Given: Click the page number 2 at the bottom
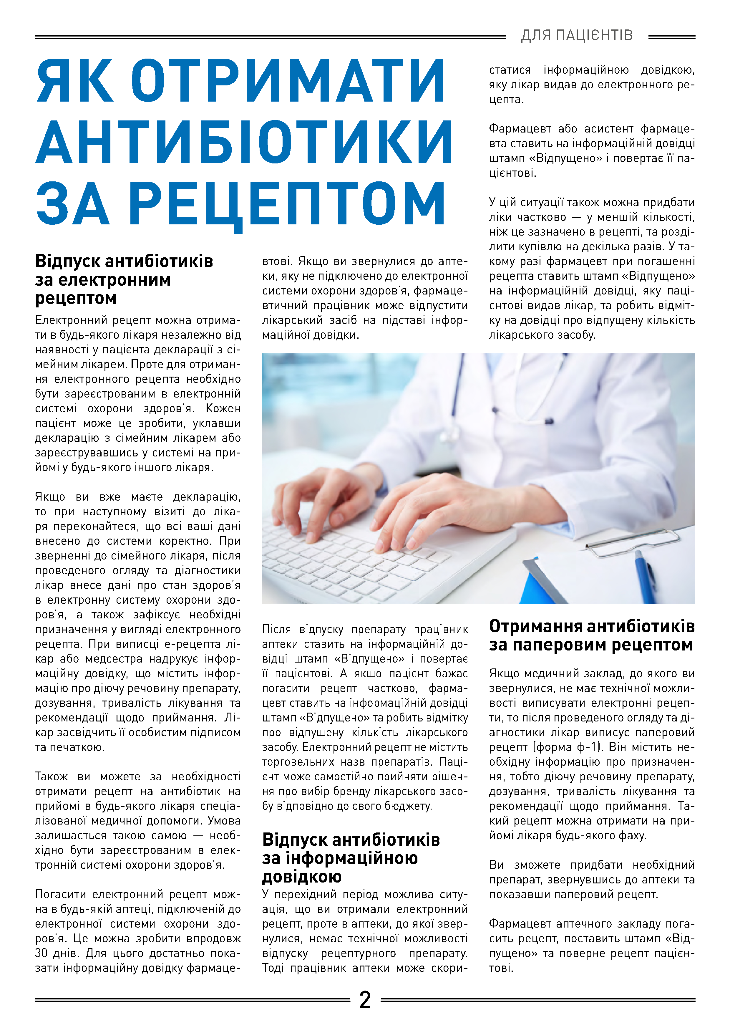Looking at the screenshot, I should coord(365,1000).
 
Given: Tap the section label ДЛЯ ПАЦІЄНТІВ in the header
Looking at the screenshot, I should coord(577,35).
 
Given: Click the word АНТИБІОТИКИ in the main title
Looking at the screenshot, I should coord(244,142).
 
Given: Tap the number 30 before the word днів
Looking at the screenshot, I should coord(42,953).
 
